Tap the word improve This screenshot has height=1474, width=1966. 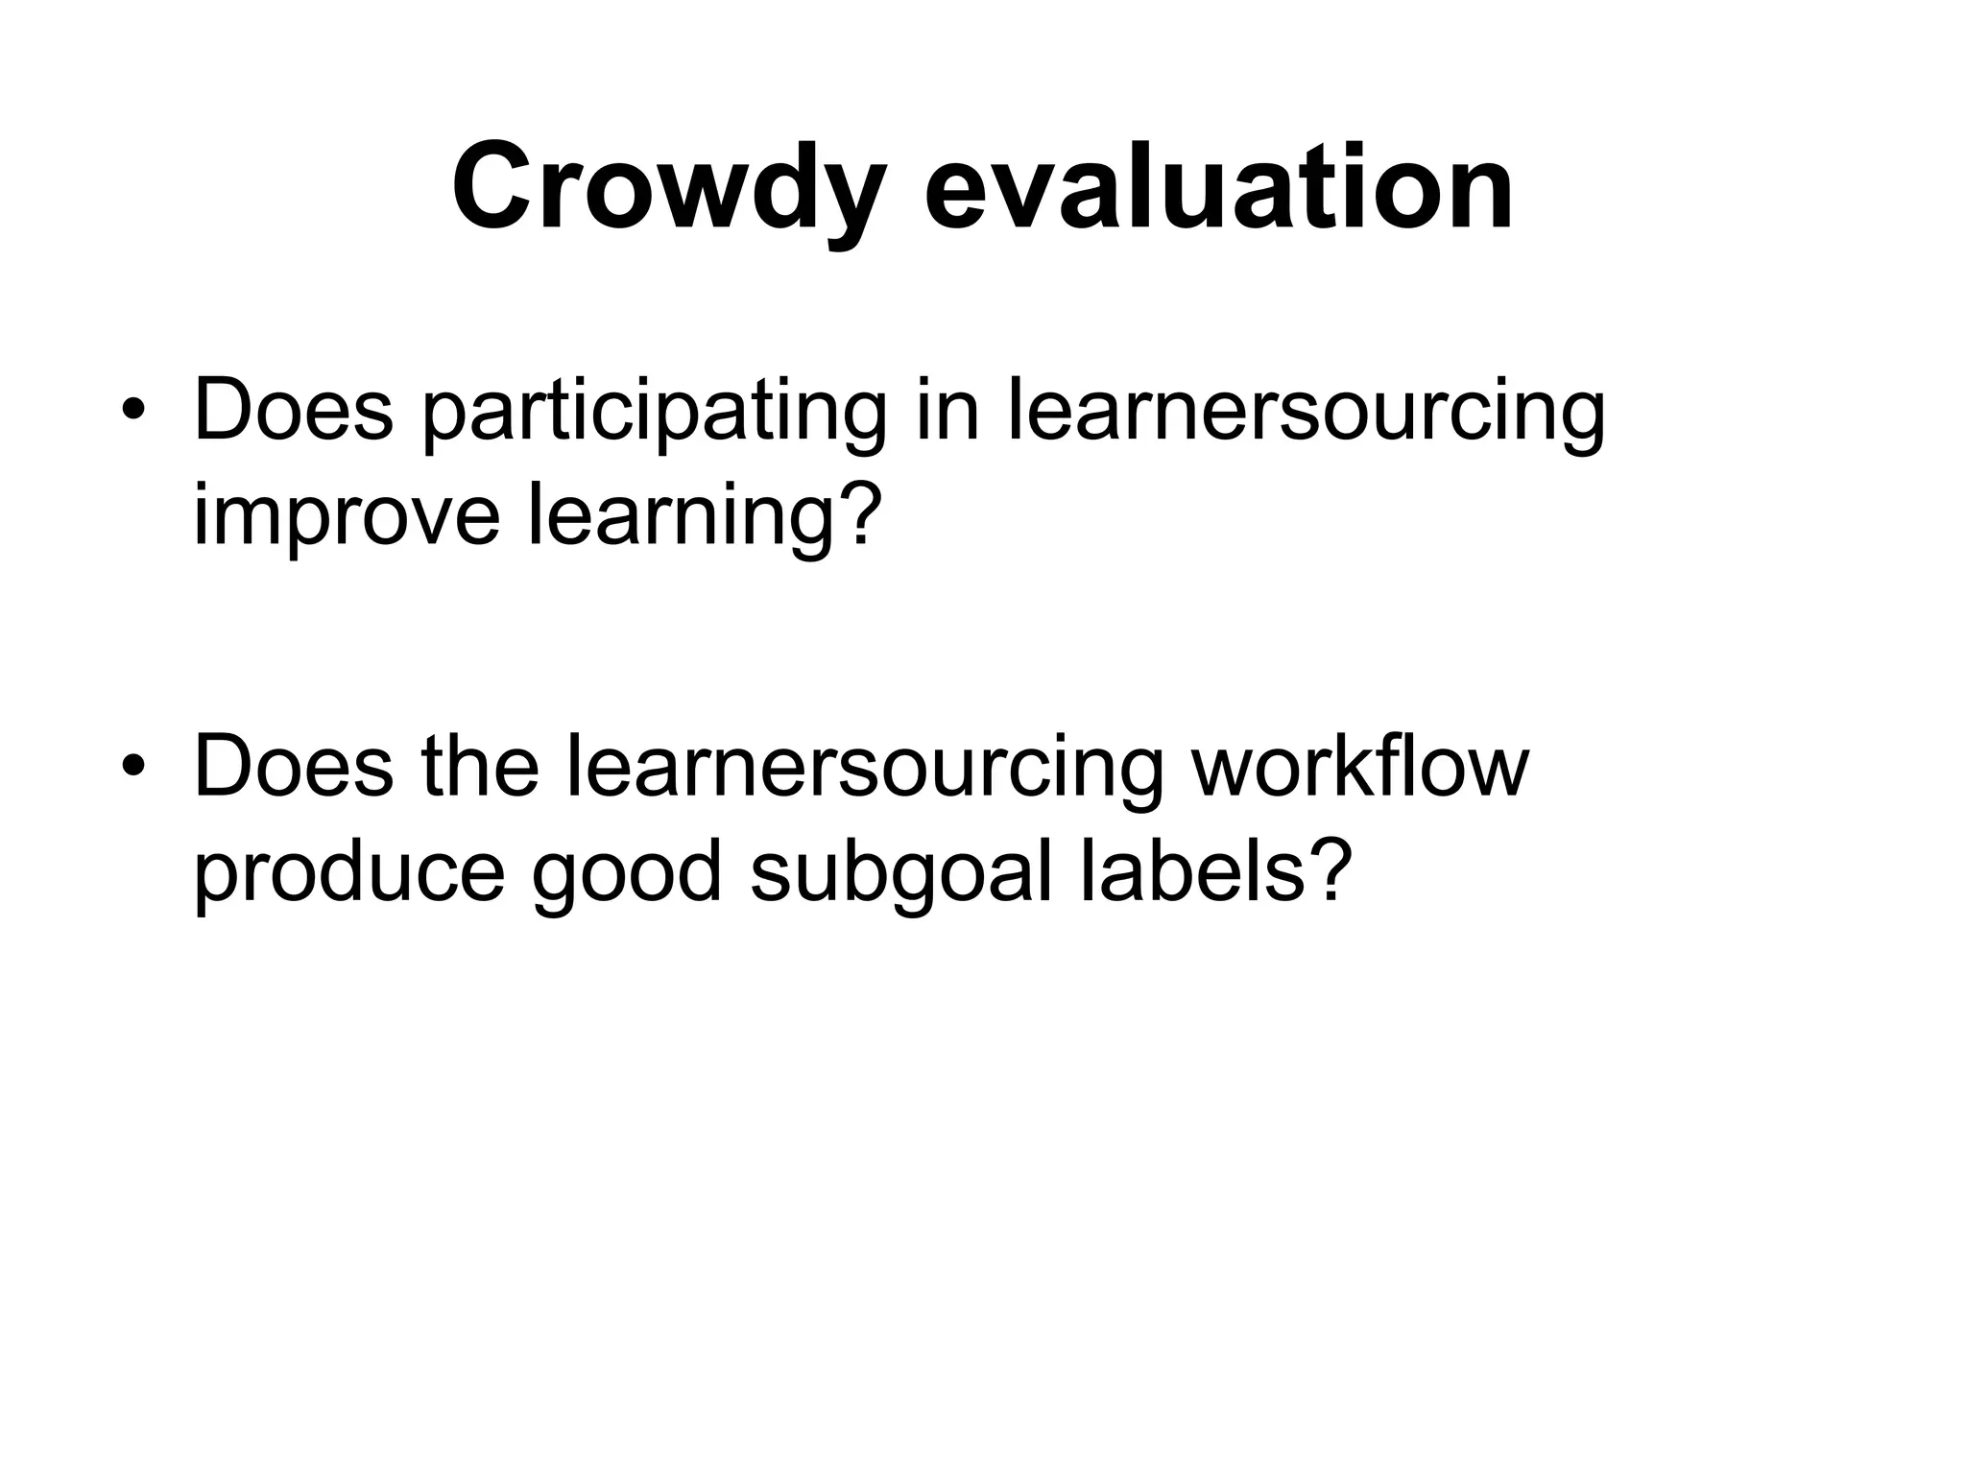(x=347, y=518)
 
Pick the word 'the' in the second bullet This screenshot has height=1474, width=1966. (x=480, y=766)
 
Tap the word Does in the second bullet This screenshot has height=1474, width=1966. (x=293, y=766)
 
